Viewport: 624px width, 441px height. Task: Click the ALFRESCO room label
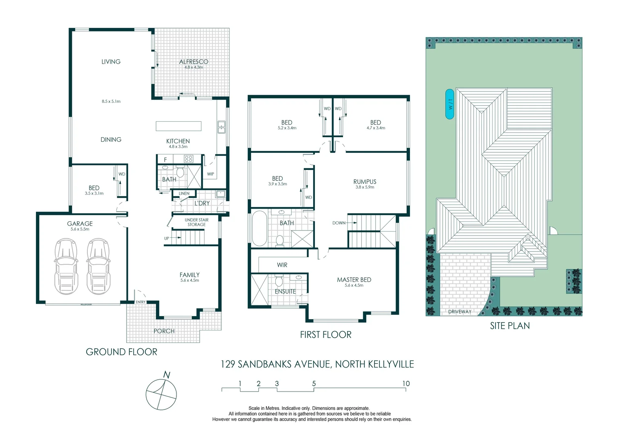(194, 62)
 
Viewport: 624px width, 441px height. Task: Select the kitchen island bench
(178, 126)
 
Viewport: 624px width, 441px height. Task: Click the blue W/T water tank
(450, 104)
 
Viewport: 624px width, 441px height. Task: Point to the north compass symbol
(161, 394)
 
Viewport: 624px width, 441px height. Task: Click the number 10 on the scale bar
(406, 383)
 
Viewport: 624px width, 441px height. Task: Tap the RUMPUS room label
(365, 182)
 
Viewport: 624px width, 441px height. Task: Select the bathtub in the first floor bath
(259, 228)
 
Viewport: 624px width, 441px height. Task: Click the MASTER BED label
(354, 280)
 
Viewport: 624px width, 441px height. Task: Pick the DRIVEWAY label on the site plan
(459, 312)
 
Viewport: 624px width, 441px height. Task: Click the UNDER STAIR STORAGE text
(196, 222)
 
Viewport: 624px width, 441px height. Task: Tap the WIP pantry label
(210, 174)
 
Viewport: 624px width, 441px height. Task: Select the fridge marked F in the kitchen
(165, 160)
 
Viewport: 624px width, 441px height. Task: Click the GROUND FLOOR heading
(121, 352)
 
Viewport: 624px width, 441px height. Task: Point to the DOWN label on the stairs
(339, 223)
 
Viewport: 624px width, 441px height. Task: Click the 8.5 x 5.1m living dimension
(111, 101)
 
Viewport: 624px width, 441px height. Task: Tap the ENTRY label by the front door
(140, 302)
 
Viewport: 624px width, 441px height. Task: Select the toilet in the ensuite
(279, 281)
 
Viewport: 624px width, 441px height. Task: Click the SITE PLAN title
(510, 326)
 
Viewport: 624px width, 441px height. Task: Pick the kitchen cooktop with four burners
(188, 159)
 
